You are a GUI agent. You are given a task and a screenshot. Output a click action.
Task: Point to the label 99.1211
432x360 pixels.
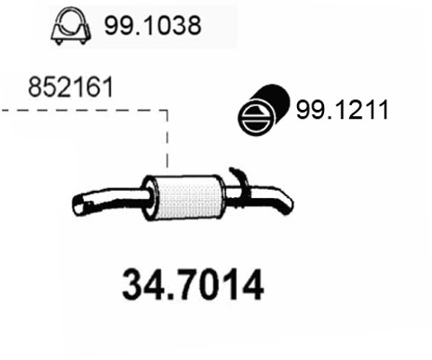pyautogui.click(x=341, y=111)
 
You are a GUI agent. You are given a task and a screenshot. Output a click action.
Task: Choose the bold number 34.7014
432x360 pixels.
pyautogui.click(x=192, y=286)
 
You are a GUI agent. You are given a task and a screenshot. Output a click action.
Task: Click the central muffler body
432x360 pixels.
pyautogui.click(x=186, y=194)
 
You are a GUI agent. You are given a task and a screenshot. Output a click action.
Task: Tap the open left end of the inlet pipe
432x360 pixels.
pyautogui.click(x=79, y=208)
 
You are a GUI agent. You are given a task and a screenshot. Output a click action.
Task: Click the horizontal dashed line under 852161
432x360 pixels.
pyautogui.click(x=81, y=111)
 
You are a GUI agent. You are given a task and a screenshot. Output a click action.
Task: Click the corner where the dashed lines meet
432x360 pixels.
pyautogui.click(x=167, y=111)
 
